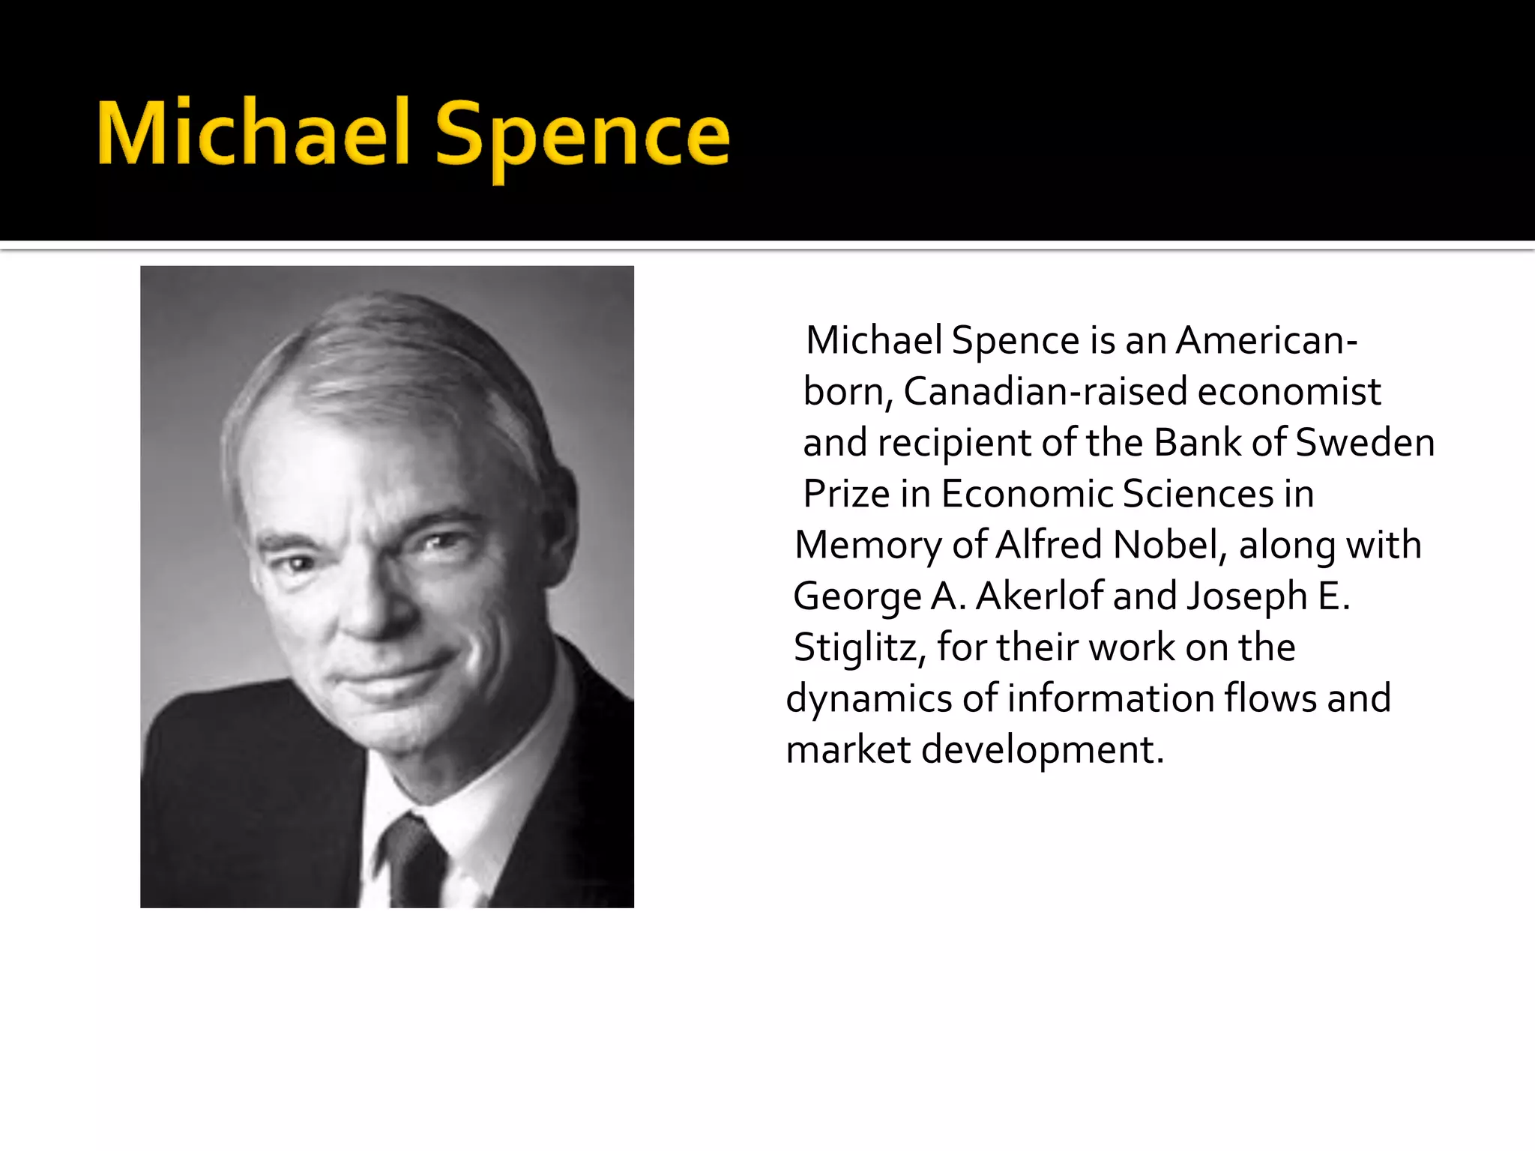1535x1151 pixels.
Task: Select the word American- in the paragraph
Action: click(x=1266, y=341)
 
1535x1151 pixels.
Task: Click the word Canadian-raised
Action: click(x=1045, y=392)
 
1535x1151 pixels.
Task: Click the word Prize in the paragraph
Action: click(x=845, y=495)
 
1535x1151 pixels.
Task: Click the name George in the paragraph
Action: click(x=857, y=597)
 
